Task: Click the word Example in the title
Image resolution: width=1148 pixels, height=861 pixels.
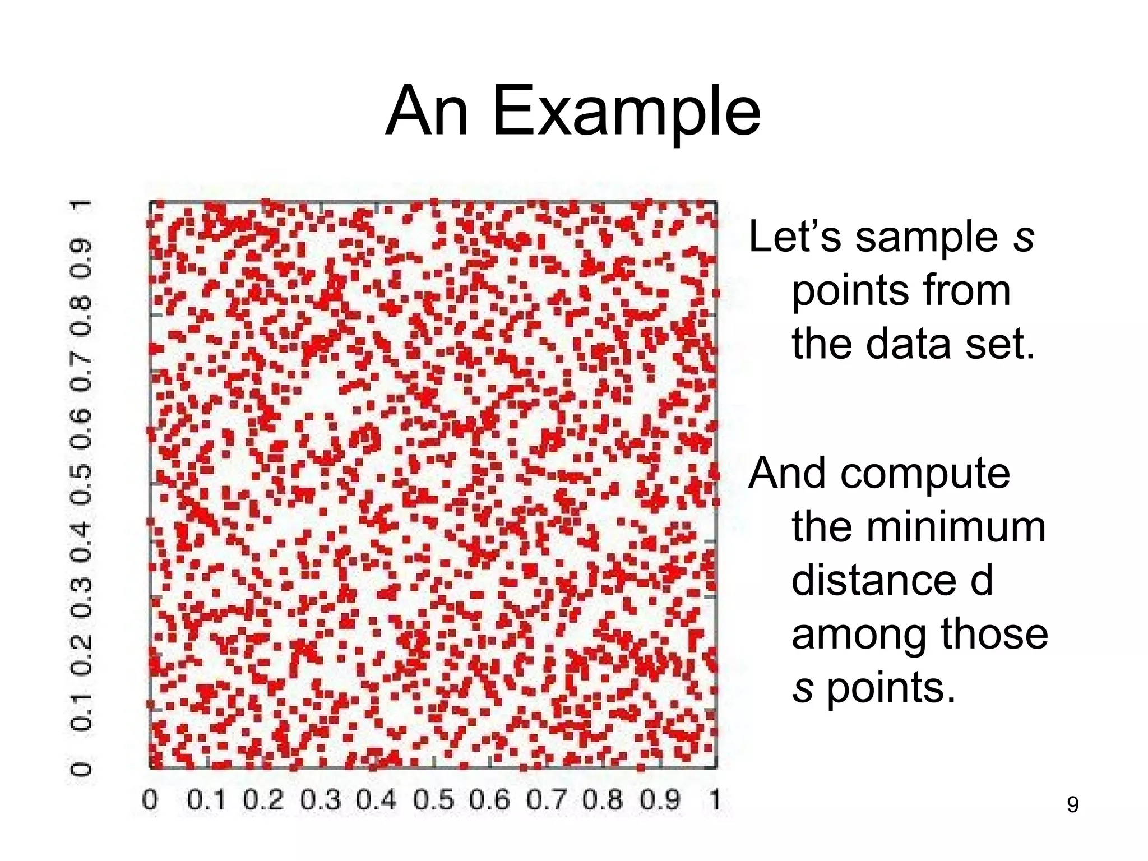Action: click(626, 112)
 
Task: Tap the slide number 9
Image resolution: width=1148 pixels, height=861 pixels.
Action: click(1072, 804)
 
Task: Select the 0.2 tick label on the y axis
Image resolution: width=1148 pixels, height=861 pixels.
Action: click(81, 653)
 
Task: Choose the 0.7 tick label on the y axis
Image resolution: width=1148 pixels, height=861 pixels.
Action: click(81, 371)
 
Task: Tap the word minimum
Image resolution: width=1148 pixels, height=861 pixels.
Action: click(919, 527)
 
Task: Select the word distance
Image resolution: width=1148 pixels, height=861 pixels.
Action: click(874, 581)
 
